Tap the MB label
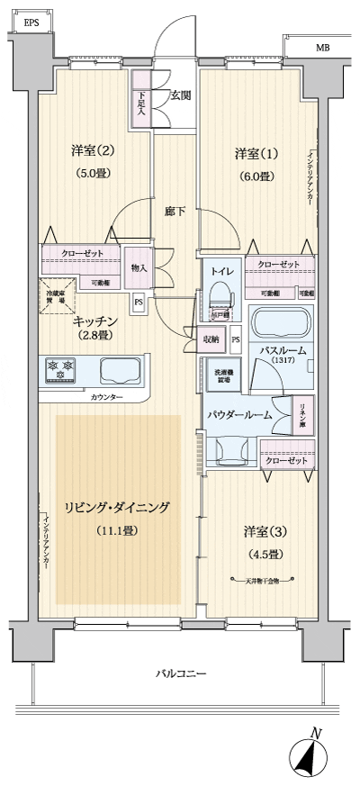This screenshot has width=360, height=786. pyautogui.click(x=321, y=48)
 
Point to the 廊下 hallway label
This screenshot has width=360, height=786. pyautogui.click(x=175, y=212)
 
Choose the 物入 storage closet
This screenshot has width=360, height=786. pyautogui.click(x=139, y=268)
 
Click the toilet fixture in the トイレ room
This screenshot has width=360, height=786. pyautogui.click(x=220, y=296)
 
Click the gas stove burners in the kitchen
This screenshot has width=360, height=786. pyautogui.click(x=63, y=371)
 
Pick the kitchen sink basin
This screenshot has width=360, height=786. pyautogui.click(x=119, y=371)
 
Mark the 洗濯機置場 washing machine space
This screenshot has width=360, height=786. pyautogui.click(x=222, y=378)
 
